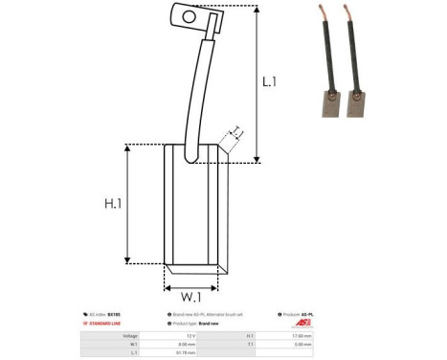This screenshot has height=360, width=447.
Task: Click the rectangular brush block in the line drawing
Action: [195, 206]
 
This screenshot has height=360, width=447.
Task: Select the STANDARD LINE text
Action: [106, 324]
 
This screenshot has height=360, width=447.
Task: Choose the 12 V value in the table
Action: [191, 335]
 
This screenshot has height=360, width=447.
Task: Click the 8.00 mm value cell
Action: [188, 344]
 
